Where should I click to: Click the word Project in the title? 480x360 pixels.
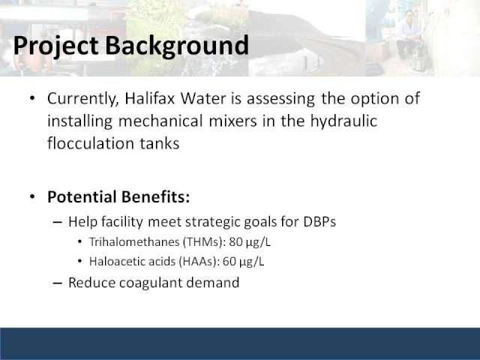55,46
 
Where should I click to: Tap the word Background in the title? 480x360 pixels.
177,46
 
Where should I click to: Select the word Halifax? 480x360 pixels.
149,98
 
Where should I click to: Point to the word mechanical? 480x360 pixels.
160,121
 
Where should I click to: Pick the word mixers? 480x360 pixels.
233,121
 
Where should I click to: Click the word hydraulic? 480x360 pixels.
343,121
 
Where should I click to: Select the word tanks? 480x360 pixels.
160,143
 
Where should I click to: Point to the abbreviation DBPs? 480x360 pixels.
319,222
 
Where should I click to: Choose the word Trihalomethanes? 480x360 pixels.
134,241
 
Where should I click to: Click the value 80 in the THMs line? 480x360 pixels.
235,241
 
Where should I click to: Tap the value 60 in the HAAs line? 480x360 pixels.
229,262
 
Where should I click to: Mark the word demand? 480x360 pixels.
213,282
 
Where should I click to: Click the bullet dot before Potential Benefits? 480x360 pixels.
32,196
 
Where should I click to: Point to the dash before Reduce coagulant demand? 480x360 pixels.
57,283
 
